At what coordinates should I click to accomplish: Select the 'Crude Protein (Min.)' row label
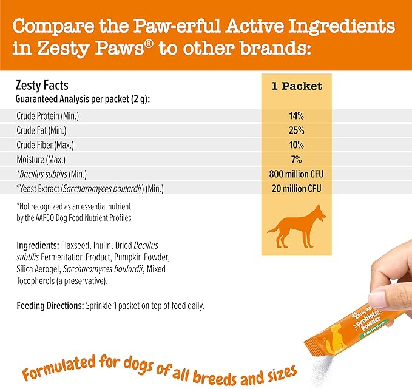coord(48,116)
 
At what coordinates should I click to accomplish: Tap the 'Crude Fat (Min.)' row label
coord(42,130)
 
